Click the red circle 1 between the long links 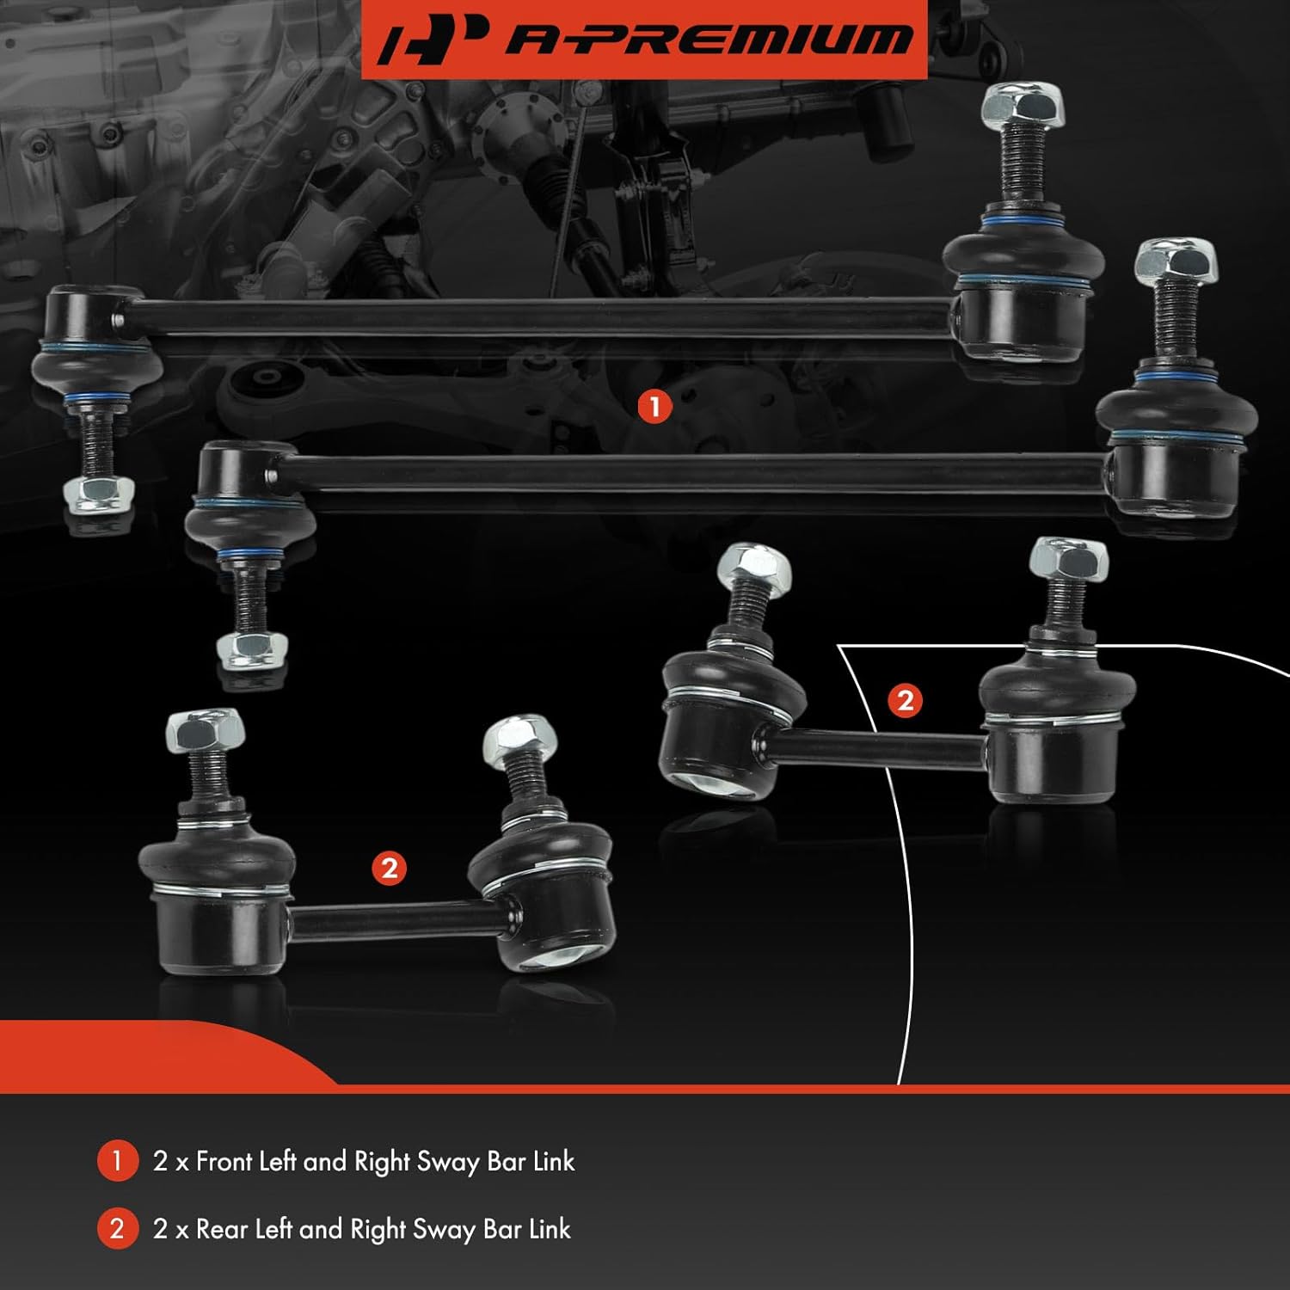654,407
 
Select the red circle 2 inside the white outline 905,700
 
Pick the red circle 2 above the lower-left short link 389,868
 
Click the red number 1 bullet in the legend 118,1161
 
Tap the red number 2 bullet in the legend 118,1229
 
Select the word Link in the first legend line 553,1161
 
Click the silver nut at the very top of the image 1023,106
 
